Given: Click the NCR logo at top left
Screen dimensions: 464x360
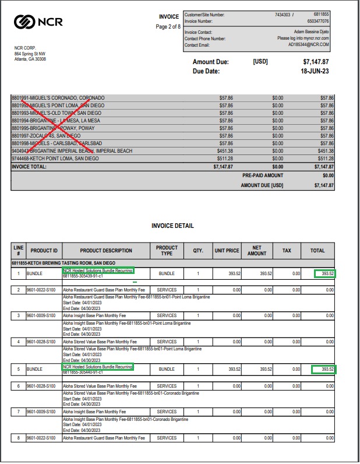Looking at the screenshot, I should point(38,22).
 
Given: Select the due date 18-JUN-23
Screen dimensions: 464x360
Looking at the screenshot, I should point(315,71).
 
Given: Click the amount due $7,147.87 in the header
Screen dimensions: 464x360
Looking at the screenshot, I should point(316,62).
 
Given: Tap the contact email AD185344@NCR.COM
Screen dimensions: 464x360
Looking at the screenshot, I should point(308,44).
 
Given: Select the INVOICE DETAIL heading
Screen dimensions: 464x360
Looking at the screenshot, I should point(172,226).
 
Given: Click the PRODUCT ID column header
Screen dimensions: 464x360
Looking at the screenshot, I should point(44,251).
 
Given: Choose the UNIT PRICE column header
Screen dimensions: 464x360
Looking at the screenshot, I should point(227,251).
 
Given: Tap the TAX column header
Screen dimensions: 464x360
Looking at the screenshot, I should point(287,251).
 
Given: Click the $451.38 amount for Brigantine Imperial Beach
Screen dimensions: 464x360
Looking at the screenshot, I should point(225,150).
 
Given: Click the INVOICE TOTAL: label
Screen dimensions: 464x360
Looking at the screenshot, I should point(29,166).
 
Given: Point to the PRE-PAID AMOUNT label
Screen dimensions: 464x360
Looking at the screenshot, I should point(263,175).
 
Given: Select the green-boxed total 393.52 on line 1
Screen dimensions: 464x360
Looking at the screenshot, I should point(324,273).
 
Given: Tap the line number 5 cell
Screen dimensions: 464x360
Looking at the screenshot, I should point(19,369).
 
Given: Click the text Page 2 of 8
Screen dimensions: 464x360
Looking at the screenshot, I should point(169,27).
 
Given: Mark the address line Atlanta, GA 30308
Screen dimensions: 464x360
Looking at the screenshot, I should point(30,59).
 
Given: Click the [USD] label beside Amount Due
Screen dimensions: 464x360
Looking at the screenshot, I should point(260,62).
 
